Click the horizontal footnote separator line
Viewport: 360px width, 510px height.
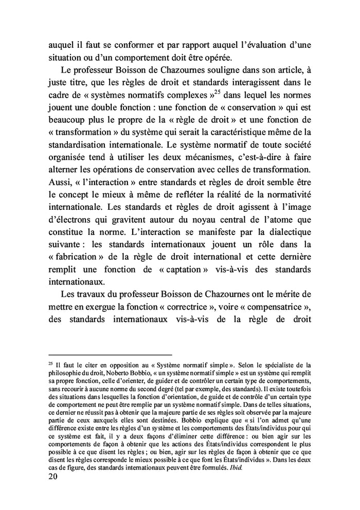[x=110, y=354]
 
